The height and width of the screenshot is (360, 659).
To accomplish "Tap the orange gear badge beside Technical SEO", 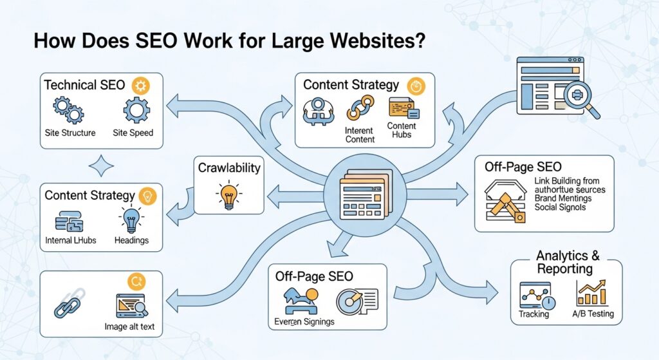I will [140, 86].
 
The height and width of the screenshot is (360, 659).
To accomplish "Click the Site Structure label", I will [70, 133].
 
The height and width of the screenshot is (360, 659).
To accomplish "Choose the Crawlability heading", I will [229, 168].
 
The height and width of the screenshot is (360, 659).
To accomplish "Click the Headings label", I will [131, 240].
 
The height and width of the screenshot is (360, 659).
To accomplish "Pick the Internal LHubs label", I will [71, 240].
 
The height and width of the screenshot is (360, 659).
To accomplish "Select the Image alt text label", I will [129, 327].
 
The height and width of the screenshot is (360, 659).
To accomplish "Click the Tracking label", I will [534, 314].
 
